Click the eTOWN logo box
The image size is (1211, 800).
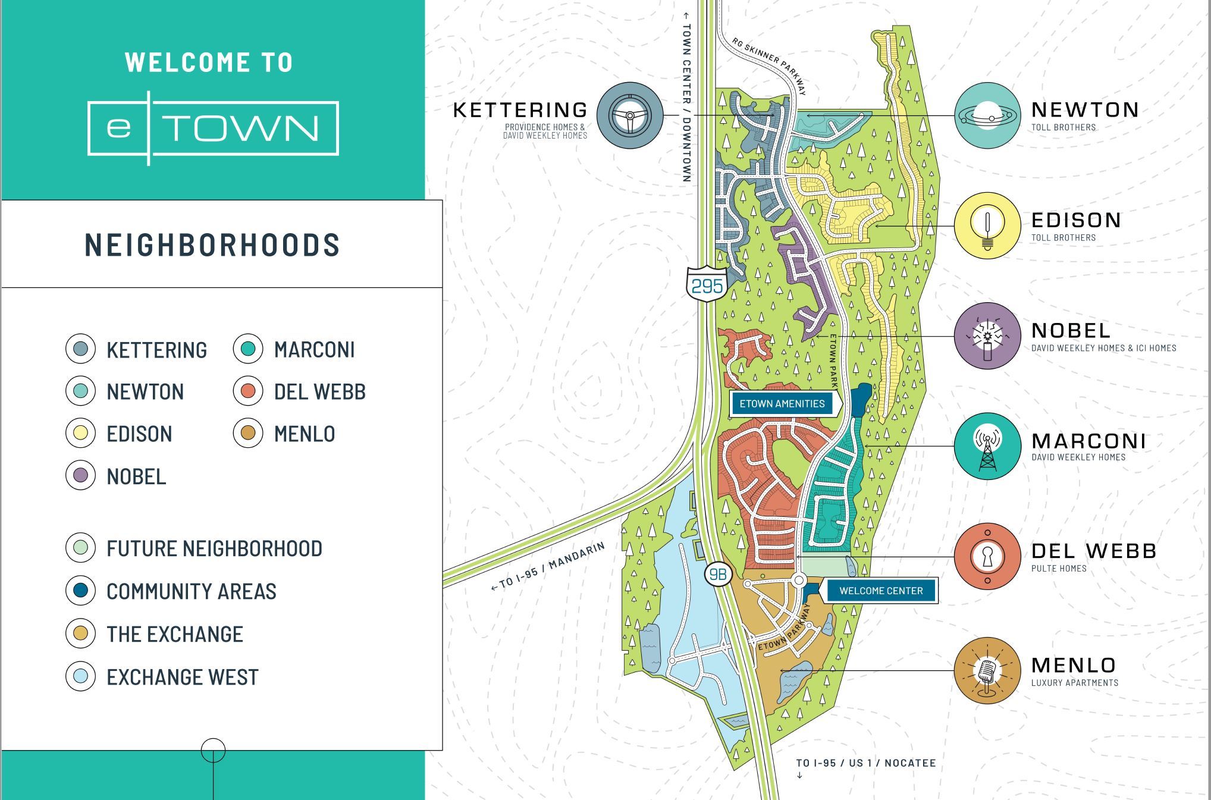point(213,128)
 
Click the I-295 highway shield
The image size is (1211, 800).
point(707,285)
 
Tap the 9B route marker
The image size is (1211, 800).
point(718,574)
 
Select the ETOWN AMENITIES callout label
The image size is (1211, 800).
point(782,404)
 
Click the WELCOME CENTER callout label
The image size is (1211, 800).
point(881,591)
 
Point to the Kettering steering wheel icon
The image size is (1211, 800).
point(629,115)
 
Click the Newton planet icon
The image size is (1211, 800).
point(987,115)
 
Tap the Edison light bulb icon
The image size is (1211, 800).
point(987,225)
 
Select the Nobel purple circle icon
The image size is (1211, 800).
point(987,335)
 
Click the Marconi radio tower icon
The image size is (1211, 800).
point(987,446)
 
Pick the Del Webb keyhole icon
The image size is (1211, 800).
point(987,557)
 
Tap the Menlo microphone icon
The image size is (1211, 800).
point(987,670)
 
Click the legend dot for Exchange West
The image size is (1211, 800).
point(80,676)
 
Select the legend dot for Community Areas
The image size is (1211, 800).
point(80,591)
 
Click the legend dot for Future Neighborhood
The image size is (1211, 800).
point(80,548)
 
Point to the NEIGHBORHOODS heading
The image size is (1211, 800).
point(212,245)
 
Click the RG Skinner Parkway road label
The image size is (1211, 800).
point(769,67)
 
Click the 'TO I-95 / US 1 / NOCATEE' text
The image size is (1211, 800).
point(865,763)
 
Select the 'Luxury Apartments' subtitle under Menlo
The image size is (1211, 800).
point(1074,683)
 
